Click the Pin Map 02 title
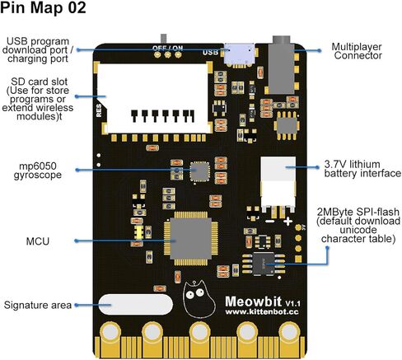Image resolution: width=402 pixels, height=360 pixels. pyautogui.click(x=43, y=7)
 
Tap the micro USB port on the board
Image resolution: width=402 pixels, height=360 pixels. pyautogui.click(x=239, y=55)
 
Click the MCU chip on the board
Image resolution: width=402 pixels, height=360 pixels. pyautogui.click(x=191, y=238)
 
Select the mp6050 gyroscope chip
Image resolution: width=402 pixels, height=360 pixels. pyautogui.click(x=200, y=171)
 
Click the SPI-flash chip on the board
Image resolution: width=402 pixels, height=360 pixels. pyautogui.click(x=264, y=264)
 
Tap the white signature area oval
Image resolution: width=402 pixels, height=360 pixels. pyautogui.click(x=136, y=305)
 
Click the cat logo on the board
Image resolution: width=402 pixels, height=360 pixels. pyautogui.click(x=199, y=299)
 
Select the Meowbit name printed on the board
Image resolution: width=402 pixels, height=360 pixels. pyautogui.click(x=253, y=302)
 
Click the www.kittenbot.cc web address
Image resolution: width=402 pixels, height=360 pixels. pyautogui.click(x=262, y=312)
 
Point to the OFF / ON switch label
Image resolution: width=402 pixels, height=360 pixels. pyautogui.click(x=167, y=49)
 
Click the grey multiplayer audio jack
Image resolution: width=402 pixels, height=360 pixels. pyautogui.click(x=282, y=65)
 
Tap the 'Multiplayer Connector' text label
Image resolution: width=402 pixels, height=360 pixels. pyautogui.click(x=357, y=51)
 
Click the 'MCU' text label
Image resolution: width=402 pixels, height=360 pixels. pyautogui.click(x=38, y=241)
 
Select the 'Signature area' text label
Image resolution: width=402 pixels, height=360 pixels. pyautogui.click(x=38, y=305)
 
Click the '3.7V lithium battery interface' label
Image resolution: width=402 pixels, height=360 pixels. pyautogui.click(x=362, y=169)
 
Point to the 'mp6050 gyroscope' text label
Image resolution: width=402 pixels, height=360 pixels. pyautogui.click(x=38, y=171)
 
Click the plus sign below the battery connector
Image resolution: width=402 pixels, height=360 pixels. pyautogui.click(x=288, y=221)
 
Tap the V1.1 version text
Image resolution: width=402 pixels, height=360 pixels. pyautogui.click(x=292, y=303)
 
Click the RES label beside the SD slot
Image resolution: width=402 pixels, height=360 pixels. pyautogui.click(x=99, y=110)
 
